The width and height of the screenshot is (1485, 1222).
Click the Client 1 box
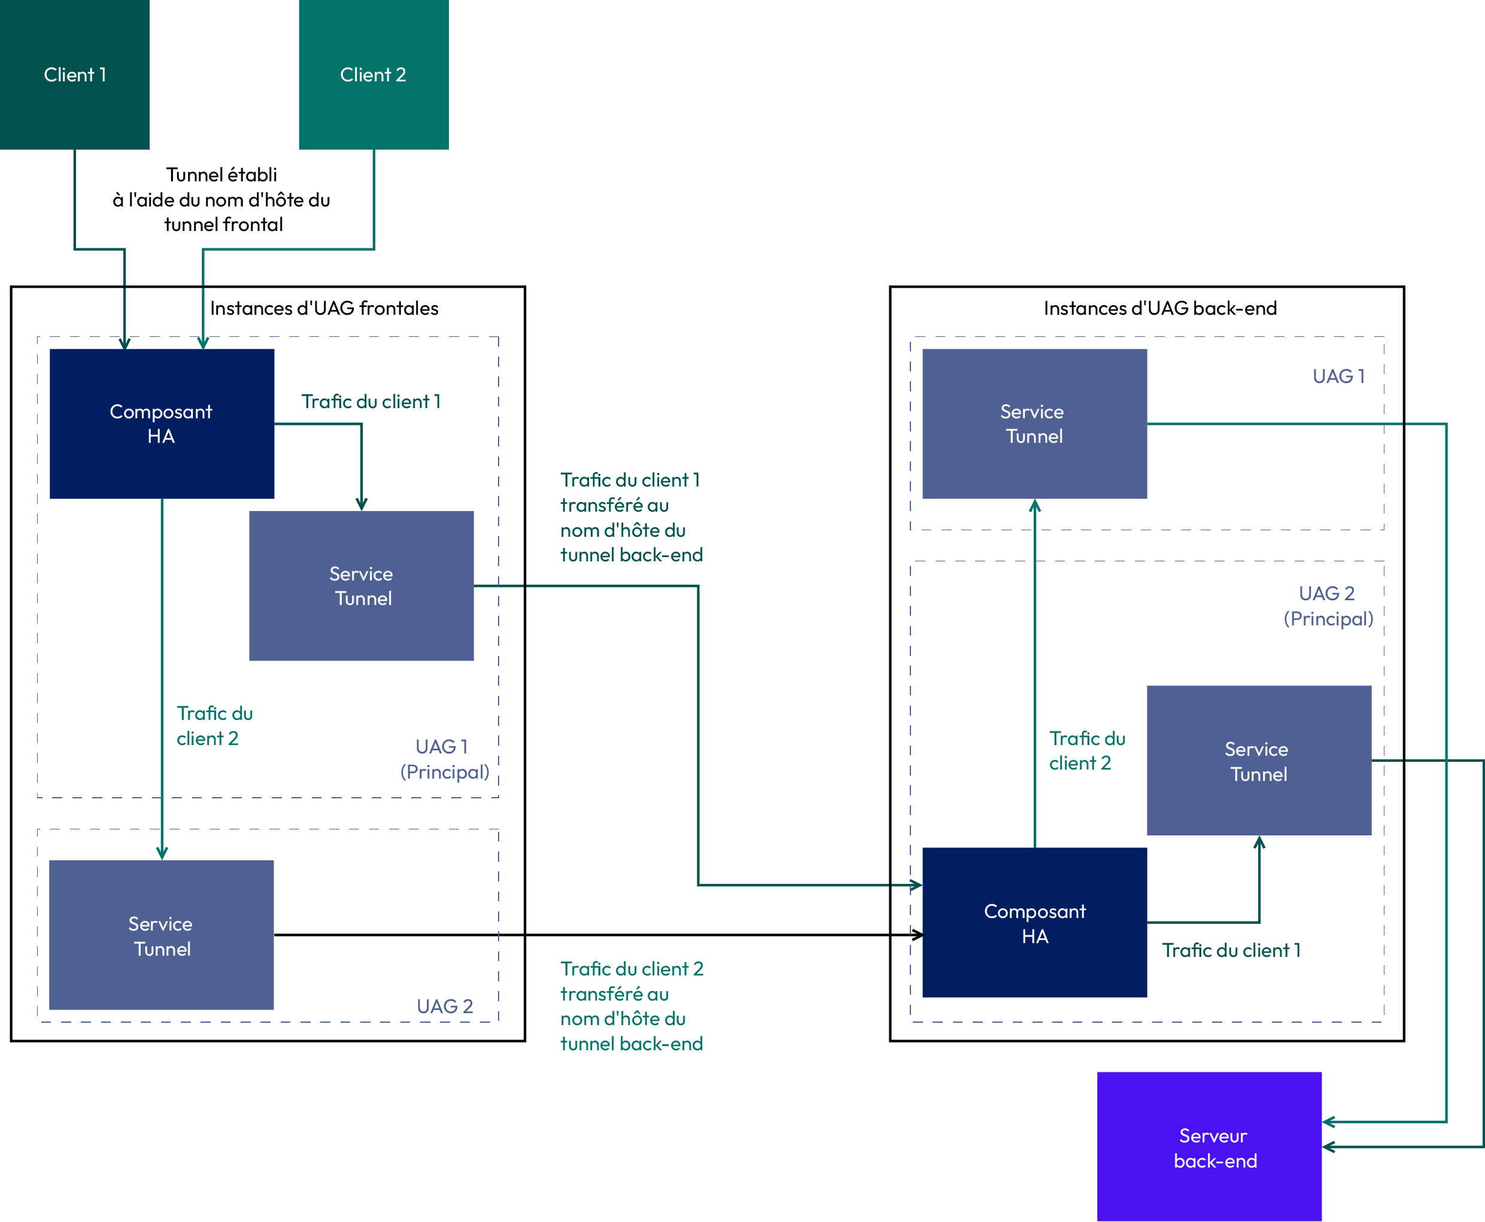tap(75, 75)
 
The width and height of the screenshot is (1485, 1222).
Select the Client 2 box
tap(374, 75)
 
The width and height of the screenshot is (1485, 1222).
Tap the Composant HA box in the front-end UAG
tap(162, 424)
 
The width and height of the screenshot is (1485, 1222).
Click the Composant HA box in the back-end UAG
tap(1034, 923)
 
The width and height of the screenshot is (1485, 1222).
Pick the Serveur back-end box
tap(1209, 1147)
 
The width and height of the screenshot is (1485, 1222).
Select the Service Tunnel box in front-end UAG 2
tap(161, 935)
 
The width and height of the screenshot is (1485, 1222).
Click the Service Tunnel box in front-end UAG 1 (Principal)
tap(361, 586)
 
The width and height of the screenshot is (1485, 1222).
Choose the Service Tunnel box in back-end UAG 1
tap(1034, 424)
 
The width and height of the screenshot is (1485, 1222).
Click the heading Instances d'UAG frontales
tap(324, 308)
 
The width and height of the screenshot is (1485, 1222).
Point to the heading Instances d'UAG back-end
tap(1160, 308)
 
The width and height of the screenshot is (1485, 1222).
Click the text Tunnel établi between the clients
tap(222, 175)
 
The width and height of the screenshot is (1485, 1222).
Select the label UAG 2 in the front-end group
tap(444, 1007)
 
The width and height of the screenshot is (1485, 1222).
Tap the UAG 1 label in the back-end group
tap(1338, 376)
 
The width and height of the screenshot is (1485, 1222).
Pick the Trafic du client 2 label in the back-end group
tap(1087, 750)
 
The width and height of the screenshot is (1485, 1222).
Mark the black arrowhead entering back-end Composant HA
tap(918, 935)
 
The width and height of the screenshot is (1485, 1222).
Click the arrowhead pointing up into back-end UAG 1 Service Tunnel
tap(1035, 506)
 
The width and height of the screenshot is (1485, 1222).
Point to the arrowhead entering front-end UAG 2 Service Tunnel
tap(162, 854)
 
